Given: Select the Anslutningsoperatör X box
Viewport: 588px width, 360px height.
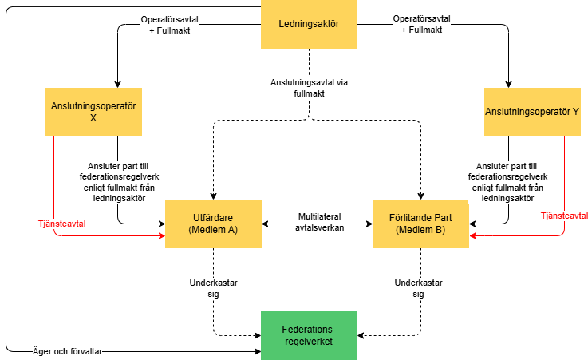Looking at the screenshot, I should pos(93,111).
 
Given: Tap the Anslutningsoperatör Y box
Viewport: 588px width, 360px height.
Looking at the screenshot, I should pos(532,111).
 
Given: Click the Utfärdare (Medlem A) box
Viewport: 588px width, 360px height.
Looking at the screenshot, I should pos(213,224).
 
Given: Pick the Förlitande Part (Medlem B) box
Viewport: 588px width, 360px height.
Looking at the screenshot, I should pos(421,224).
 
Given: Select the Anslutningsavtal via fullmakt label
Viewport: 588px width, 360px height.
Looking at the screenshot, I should pos(310,87).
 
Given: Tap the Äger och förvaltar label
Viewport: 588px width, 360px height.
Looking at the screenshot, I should pos(72,351).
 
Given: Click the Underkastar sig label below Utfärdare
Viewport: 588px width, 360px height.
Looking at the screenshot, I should pos(213,287).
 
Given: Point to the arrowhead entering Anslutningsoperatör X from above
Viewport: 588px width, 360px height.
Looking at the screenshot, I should pos(117,83).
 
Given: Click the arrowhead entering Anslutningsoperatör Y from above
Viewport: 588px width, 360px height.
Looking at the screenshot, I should pos(507,83).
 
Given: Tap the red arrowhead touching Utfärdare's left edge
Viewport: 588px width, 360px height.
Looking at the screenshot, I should pos(161,237).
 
